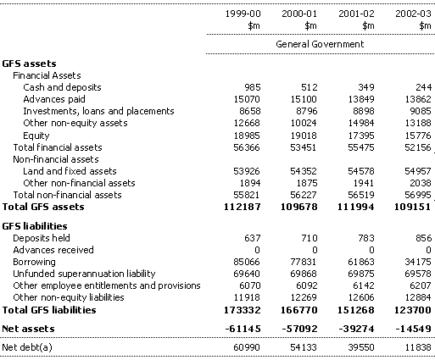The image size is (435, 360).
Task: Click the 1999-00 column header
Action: (243, 14)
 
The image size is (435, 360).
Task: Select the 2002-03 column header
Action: (413, 14)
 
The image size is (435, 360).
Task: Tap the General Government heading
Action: (320, 44)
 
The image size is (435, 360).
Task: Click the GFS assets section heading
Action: (29, 64)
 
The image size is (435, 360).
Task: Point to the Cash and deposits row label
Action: (62, 87)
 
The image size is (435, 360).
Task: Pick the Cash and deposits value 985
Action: (253, 87)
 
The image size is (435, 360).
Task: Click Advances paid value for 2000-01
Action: (304, 99)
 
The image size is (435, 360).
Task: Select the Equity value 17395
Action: (361, 136)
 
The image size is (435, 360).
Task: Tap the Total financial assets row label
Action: (58, 147)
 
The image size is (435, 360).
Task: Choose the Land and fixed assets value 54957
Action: (418, 171)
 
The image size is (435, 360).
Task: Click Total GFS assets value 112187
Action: (243, 207)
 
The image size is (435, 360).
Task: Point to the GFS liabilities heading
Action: (35, 226)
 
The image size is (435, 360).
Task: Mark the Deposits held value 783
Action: (366, 238)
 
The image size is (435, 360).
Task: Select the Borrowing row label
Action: (34, 262)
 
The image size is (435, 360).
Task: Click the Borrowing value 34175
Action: (418, 262)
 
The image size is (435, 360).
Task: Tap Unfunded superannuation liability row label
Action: (84, 274)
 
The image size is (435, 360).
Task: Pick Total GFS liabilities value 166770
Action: (299, 310)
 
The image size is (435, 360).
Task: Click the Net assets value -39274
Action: (356, 329)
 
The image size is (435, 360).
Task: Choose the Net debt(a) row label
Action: (27, 347)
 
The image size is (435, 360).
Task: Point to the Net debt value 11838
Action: (418, 347)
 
